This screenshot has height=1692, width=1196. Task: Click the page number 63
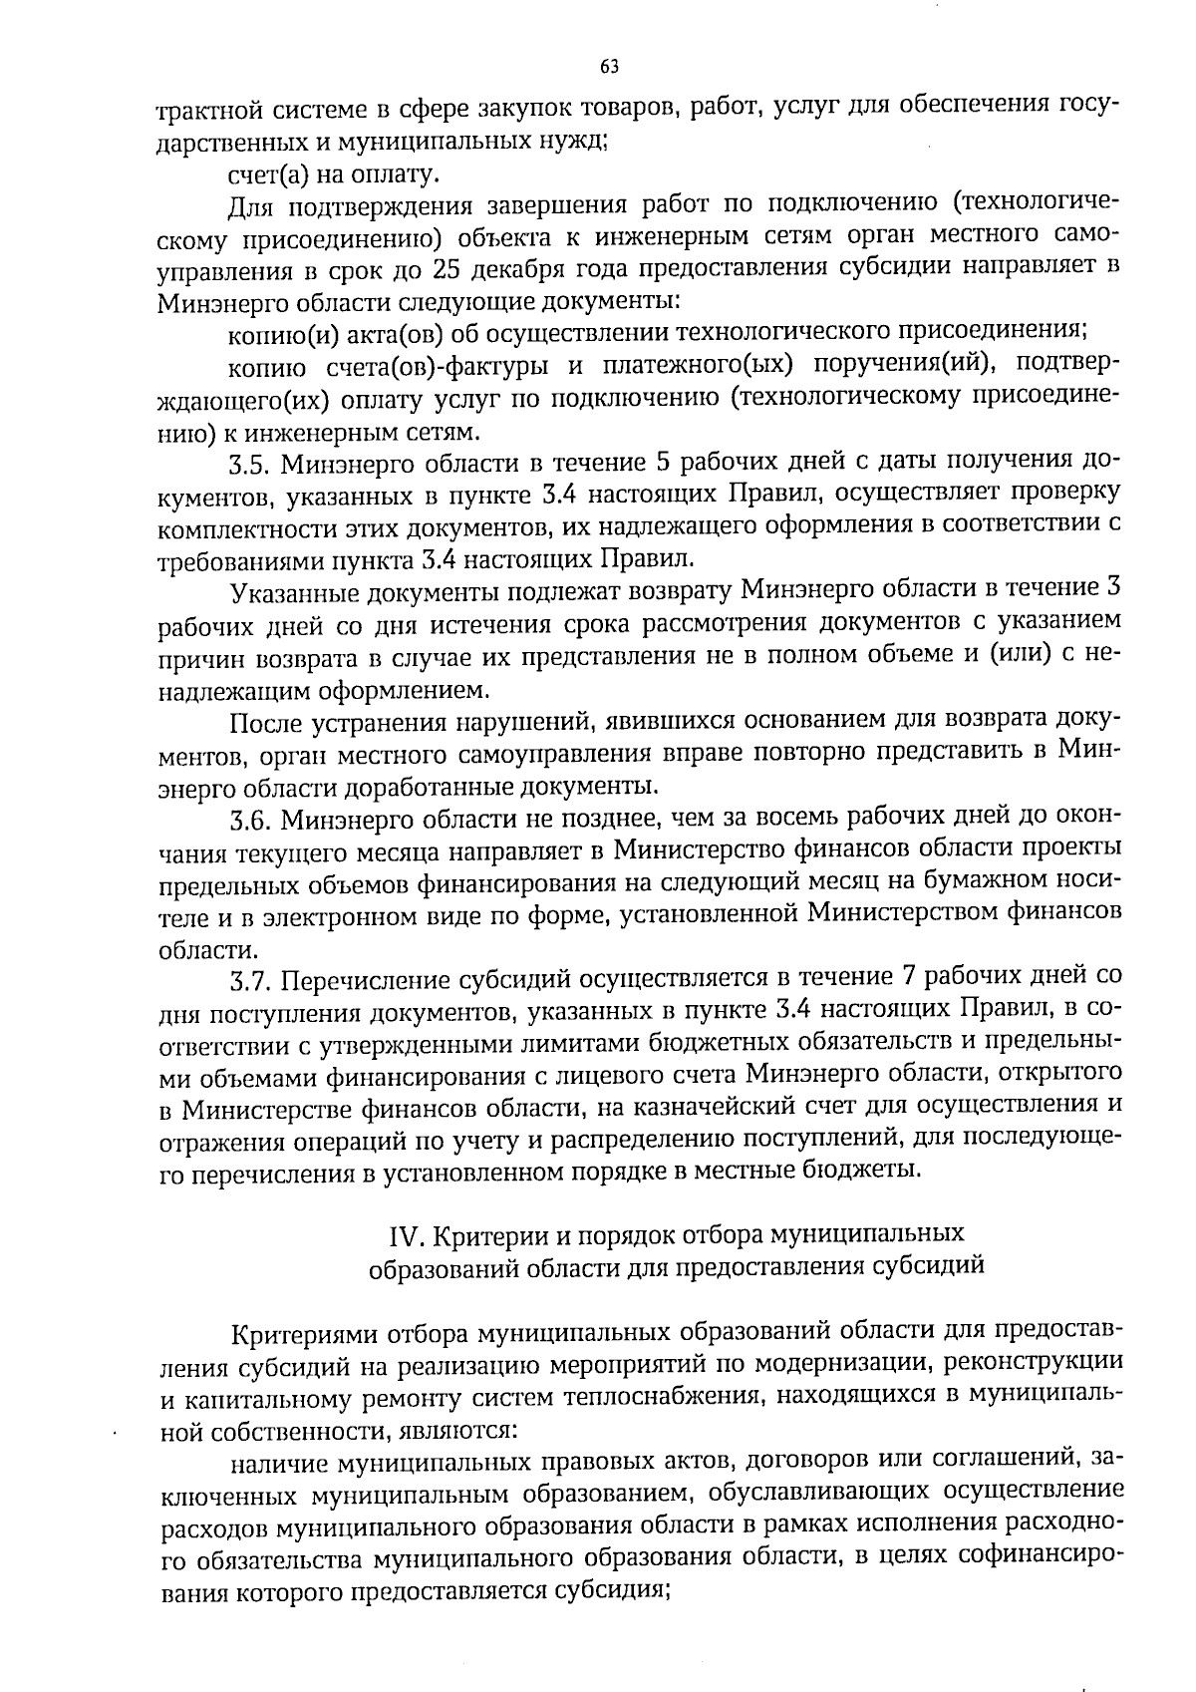pyautogui.click(x=610, y=67)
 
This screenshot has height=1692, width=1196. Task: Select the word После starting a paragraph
pyautogui.click(x=262, y=720)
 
